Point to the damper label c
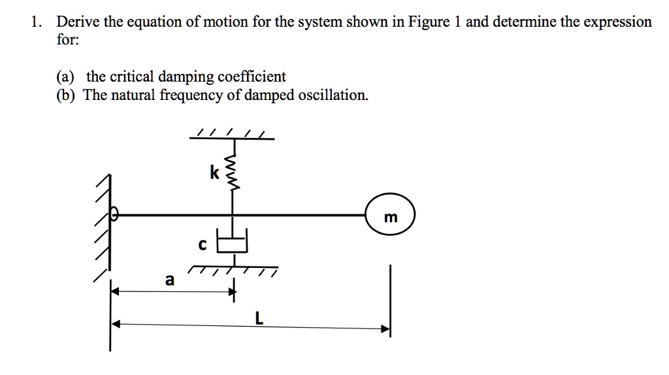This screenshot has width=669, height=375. [x=202, y=245]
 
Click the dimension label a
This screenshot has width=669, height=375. [x=169, y=280]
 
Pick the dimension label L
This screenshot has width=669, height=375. [x=259, y=319]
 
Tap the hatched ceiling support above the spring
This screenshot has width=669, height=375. [x=233, y=135]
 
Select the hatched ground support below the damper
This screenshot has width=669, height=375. [x=232, y=270]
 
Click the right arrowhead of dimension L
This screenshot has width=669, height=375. [x=386, y=329]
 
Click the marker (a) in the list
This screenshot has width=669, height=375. [x=65, y=77]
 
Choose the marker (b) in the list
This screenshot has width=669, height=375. [x=65, y=95]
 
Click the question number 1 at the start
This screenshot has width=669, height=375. [x=35, y=22]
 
